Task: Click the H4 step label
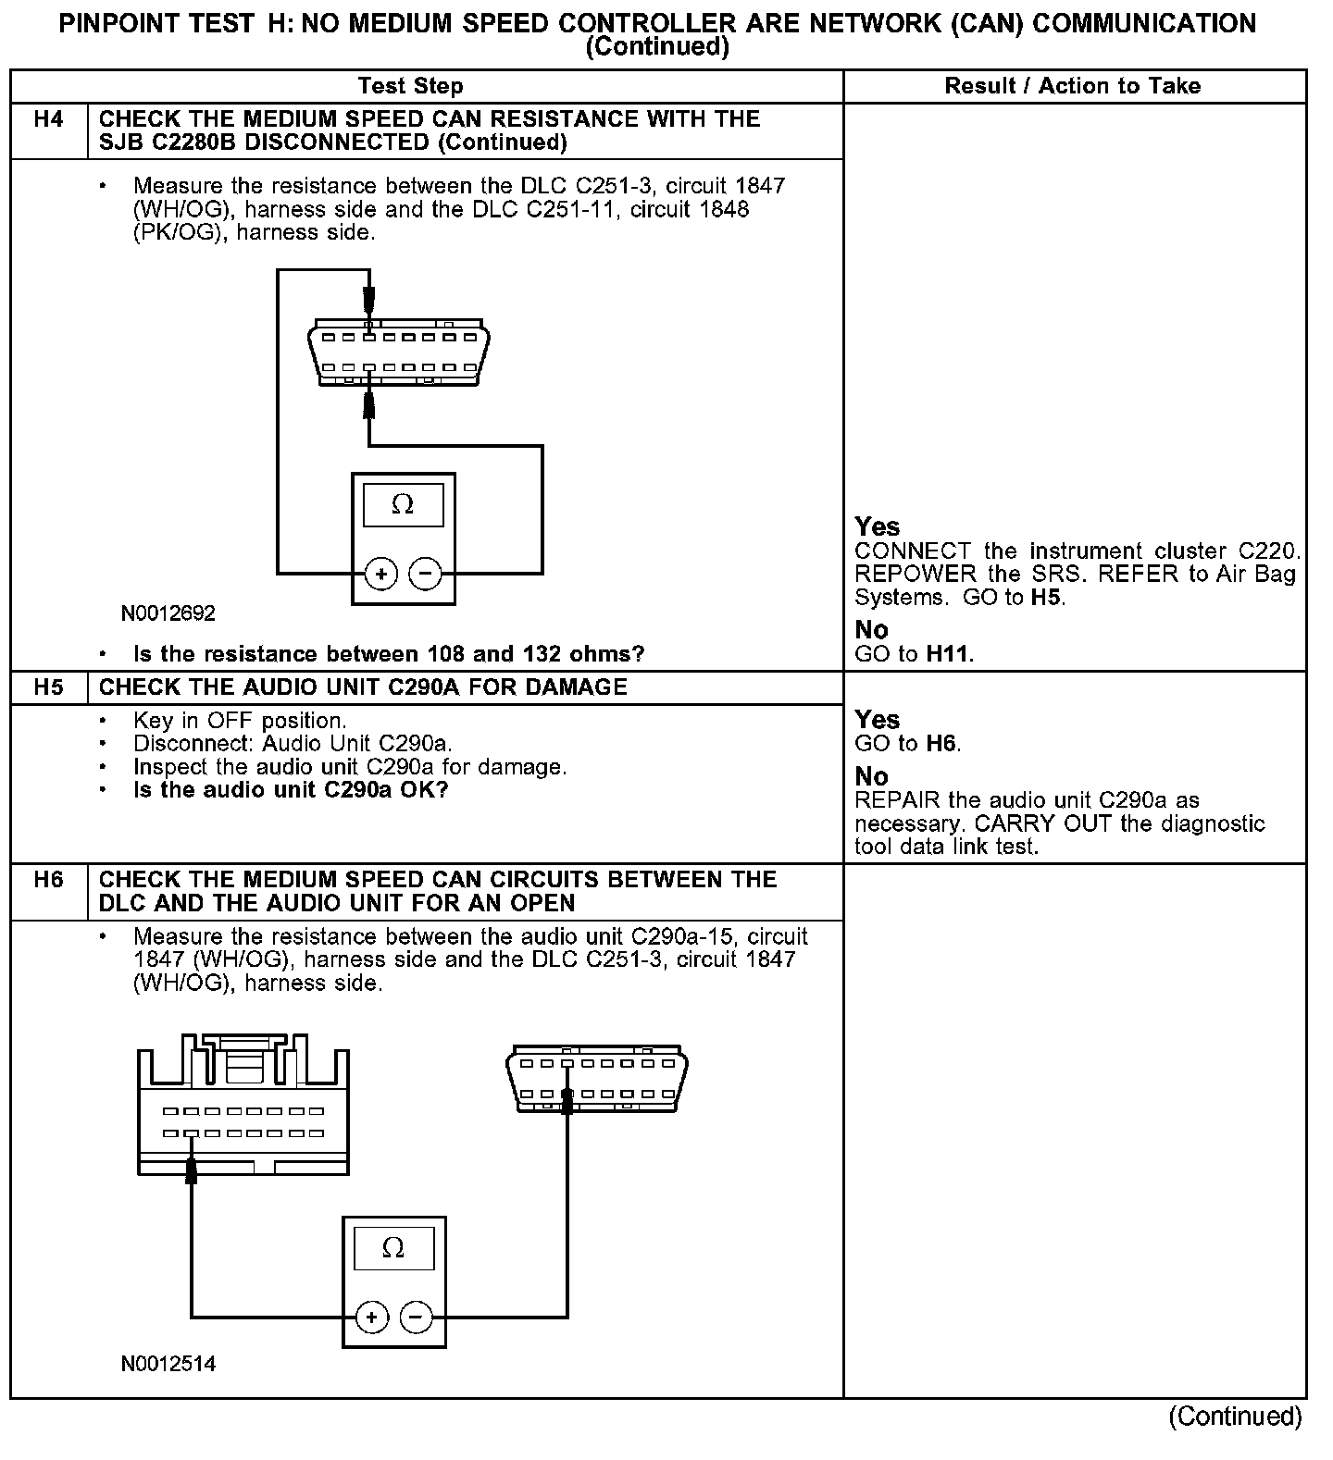coord(48,119)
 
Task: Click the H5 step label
coord(48,687)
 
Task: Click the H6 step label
coord(48,880)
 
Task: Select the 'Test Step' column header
coord(410,86)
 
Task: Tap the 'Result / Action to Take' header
coord(1072,86)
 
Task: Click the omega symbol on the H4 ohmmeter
coord(403,505)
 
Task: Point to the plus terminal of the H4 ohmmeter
coord(381,574)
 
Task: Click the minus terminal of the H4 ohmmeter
coord(425,574)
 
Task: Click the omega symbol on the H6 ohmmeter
coord(393,1249)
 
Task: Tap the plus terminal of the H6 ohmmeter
coord(372,1317)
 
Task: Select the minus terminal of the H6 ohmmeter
coord(416,1317)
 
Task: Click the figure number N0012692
coord(168,613)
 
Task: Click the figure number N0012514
coord(168,1364)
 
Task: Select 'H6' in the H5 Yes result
coord(941,744)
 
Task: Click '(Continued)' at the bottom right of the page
coord(1234,1417)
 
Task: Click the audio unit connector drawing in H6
coord(243,1106)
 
